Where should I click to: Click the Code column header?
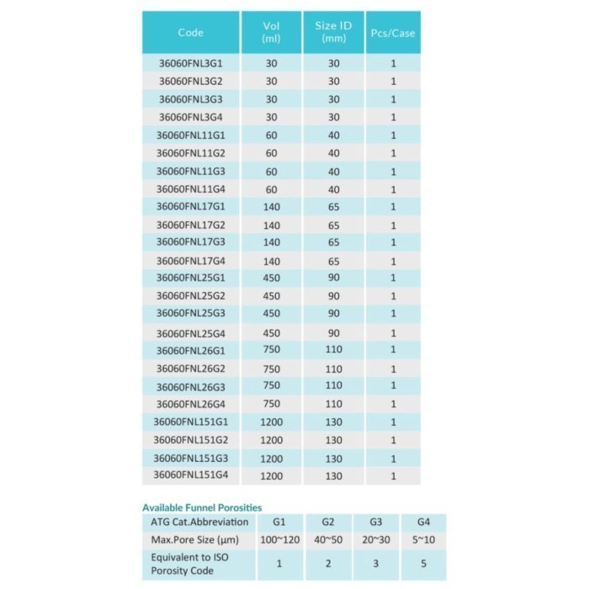click(191, 34)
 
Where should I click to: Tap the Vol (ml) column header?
click(271, 32)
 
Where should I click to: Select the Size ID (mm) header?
click(333, 32)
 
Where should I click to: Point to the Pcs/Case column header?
click(393, 34)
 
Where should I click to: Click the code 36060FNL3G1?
click(192, 63)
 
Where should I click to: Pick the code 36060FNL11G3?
click(192, 171)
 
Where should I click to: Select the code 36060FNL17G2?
click(192, 225)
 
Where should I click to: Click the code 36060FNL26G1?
click(192, 350)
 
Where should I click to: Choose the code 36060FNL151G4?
click(192, 475)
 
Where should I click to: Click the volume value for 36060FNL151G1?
click(271, 422)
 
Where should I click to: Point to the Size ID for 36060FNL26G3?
click(333, 386)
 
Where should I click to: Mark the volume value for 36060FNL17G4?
click(271, 261)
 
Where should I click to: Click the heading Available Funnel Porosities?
click(202, 507)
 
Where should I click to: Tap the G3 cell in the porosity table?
click(372, 523)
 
